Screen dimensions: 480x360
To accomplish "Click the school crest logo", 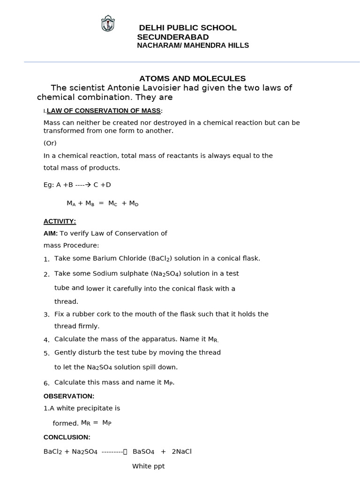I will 108,23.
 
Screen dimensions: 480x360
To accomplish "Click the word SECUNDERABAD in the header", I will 173,37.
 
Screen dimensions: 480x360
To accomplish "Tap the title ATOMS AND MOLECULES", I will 192,78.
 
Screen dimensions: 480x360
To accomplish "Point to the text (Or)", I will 50,143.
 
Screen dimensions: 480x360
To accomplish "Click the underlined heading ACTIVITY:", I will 60,221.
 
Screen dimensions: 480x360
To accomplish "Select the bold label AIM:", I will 51,233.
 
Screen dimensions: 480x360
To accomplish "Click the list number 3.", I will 46,315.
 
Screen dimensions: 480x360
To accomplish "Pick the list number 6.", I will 46,383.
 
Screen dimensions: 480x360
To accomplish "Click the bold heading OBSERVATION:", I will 69,396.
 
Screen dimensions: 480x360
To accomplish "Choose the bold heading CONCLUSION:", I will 67,437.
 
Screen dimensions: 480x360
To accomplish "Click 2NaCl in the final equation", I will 182,452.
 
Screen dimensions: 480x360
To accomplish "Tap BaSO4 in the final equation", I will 143,452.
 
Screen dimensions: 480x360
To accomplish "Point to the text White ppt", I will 148,466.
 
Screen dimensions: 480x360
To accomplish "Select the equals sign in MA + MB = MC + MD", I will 101,203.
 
